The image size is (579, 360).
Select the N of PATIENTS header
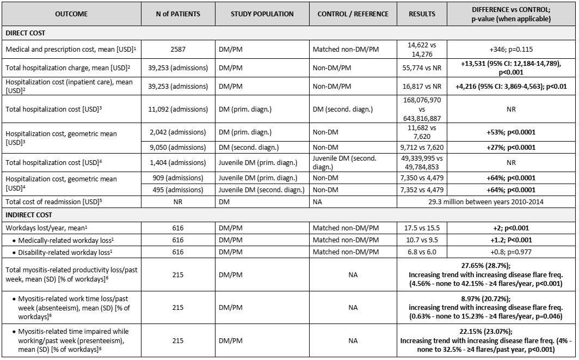tap(177, 14)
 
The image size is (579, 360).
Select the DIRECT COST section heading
tap(25, 33)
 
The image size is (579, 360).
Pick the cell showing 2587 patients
tap(177, 49)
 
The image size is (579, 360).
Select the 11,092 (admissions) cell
tap(177, 109)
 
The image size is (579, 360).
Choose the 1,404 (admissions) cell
tap(177, 162)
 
